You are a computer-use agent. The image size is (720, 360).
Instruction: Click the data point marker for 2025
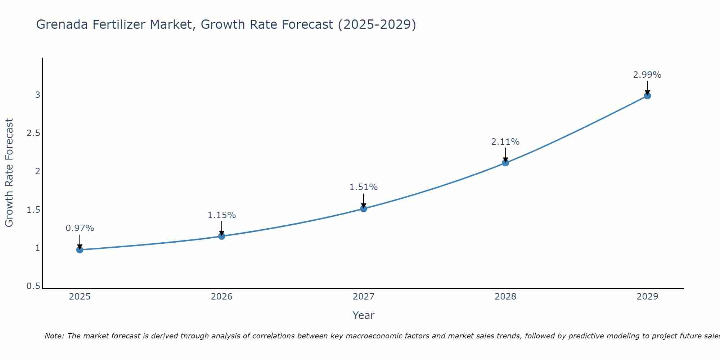(x=80, y=250)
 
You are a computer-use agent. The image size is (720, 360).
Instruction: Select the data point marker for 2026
(x=222, y=236)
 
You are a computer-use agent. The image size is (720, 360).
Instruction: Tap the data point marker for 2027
(x=364, y=208)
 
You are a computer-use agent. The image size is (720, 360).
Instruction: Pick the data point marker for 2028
(x=505, y=163)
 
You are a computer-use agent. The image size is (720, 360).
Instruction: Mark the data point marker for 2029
(x=647, y=96)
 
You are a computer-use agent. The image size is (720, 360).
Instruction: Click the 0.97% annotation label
(x=80, y=228)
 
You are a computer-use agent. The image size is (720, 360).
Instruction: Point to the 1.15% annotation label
(x=222, y=215)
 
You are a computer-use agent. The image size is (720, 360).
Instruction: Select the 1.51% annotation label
(x=364, y=187)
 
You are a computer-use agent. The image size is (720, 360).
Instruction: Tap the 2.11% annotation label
(x=505, y=142)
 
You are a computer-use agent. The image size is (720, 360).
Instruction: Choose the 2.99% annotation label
(x=647, y=75)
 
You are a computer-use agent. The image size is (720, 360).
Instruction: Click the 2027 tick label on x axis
(x=364, y=297)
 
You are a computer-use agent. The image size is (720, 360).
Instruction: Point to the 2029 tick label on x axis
(x=647, y=297)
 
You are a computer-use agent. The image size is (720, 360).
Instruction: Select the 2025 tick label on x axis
(x=80, y=297)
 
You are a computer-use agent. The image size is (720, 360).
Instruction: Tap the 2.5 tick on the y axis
(x=33, y=133)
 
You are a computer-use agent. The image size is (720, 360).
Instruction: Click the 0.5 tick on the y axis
(x=33, y=286)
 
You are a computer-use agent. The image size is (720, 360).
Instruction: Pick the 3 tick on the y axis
(x=37, y=95)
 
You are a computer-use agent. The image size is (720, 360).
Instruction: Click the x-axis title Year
(x=364, y=315)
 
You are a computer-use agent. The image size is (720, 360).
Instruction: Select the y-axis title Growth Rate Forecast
(x=9, y=173)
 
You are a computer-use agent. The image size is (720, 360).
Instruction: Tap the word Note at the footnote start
(x=54, y=336)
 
